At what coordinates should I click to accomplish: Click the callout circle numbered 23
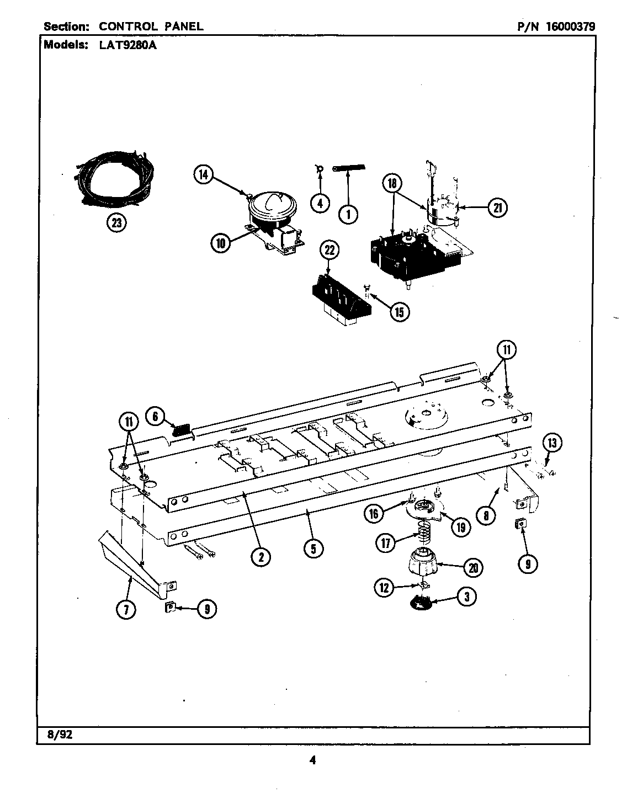click(x=116, y=223)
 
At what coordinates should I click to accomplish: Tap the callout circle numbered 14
click(x=203, y=175)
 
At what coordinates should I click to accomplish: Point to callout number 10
click(x=220, y=243)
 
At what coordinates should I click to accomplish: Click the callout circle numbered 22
click(x=330, y=251)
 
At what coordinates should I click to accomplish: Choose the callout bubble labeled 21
click(x=498, y=207)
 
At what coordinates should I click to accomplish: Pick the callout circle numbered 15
click(x=399, y=312)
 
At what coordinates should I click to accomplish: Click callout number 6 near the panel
click(x=156, y=417)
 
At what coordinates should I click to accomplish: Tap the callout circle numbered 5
click(x=313, y=548)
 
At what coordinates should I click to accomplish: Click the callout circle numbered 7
click(x=126, y=609)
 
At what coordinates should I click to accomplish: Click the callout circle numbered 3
click(x=467, y=596)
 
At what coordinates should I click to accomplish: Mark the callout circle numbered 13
click(x=552, y=442)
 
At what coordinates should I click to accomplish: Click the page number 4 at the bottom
click(x=312, y=760)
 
